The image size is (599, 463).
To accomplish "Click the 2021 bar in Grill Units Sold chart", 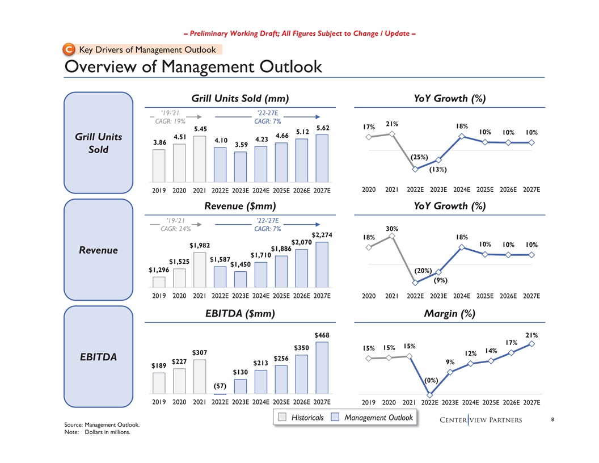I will (x=200, y=157).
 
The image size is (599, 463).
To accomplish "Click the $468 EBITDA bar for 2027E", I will (x=322, y=367).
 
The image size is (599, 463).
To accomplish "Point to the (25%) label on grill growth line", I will (x=419, y=157).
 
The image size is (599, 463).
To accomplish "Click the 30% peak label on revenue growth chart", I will (x=391, y=229).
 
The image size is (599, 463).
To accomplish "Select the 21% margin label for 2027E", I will (x=531, y=335).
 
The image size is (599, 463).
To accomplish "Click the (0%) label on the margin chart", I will (x=431, y=380).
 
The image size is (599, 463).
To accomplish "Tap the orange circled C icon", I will (x=70, y=49).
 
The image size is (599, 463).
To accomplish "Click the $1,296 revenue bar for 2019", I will (x=159, y=282).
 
